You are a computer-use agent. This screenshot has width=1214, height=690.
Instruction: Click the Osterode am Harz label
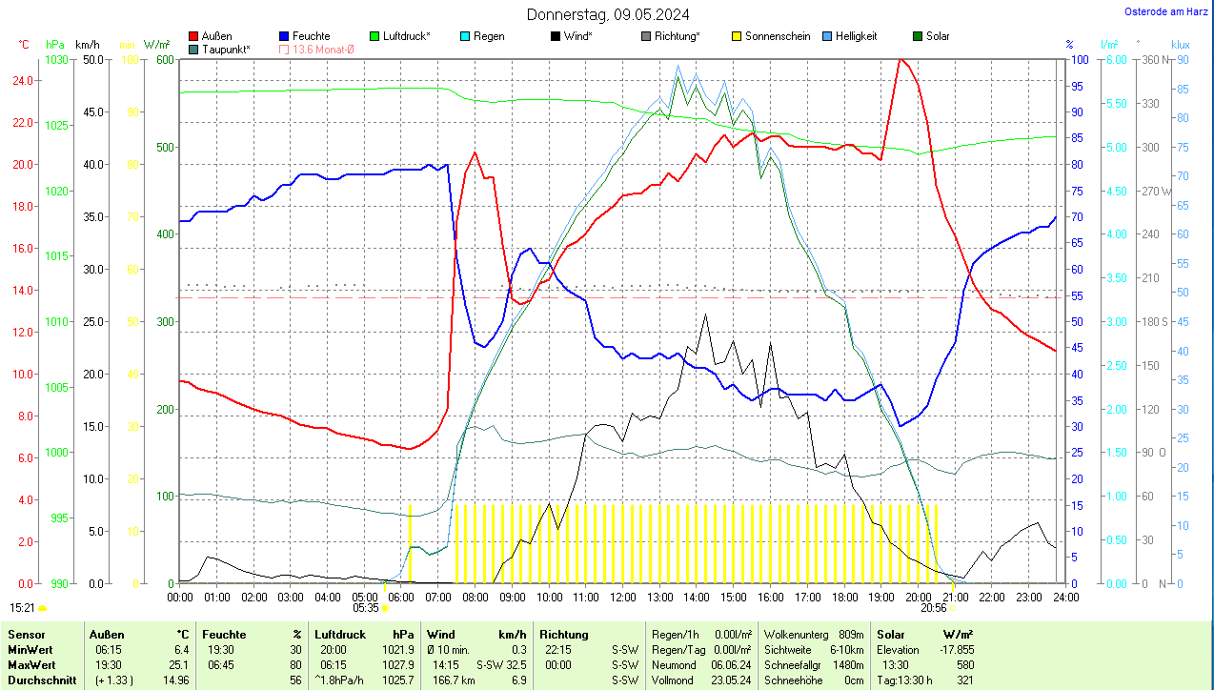point(1167,11)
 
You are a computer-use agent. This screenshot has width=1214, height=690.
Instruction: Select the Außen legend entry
point(215,36)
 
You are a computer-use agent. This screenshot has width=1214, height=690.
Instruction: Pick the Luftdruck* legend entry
point(406,36)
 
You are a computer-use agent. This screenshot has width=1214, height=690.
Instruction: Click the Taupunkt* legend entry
point(226,49)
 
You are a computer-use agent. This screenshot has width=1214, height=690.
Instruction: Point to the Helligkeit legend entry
point(856,36)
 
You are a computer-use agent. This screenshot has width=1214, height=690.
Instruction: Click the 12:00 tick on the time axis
point(622,597)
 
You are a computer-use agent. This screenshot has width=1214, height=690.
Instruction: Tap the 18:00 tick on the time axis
point(844,597)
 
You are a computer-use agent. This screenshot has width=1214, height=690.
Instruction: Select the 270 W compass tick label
point(1157,191)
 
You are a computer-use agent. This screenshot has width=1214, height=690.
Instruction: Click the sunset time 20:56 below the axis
point(933,607)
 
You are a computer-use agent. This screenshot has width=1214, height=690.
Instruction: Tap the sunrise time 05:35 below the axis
point(366,607)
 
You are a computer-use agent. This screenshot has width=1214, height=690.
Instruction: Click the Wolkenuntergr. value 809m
point(851,634)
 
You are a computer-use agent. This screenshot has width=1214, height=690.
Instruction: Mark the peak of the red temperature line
point(900,59)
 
